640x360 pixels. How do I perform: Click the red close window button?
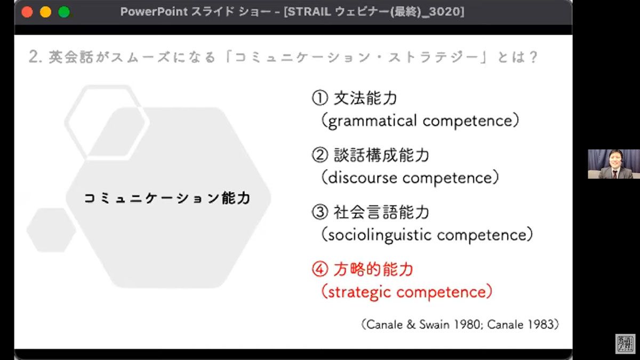27,12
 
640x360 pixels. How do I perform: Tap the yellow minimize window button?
45,12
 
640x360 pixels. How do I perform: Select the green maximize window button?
64,12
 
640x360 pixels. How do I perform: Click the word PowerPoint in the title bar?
154,12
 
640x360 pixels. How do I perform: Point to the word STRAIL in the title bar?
309,12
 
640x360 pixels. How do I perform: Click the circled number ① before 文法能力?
320,98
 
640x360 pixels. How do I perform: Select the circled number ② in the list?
320,155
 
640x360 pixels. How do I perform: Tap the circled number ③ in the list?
320,212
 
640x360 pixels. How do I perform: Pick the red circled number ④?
320,269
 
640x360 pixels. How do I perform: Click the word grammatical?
372,121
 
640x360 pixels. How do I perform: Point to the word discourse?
363,178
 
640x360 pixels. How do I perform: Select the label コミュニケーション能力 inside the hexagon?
167,198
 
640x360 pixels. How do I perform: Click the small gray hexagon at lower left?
51,230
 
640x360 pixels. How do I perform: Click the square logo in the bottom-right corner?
626,343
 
